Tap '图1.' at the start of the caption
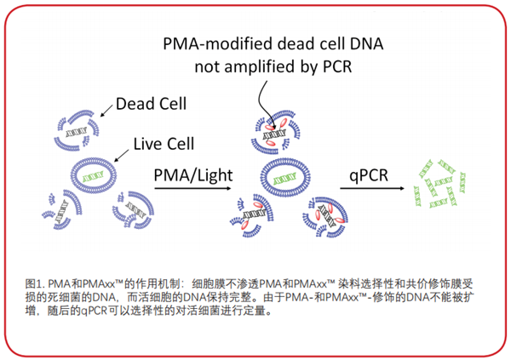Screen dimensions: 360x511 (x=35, y=282)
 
